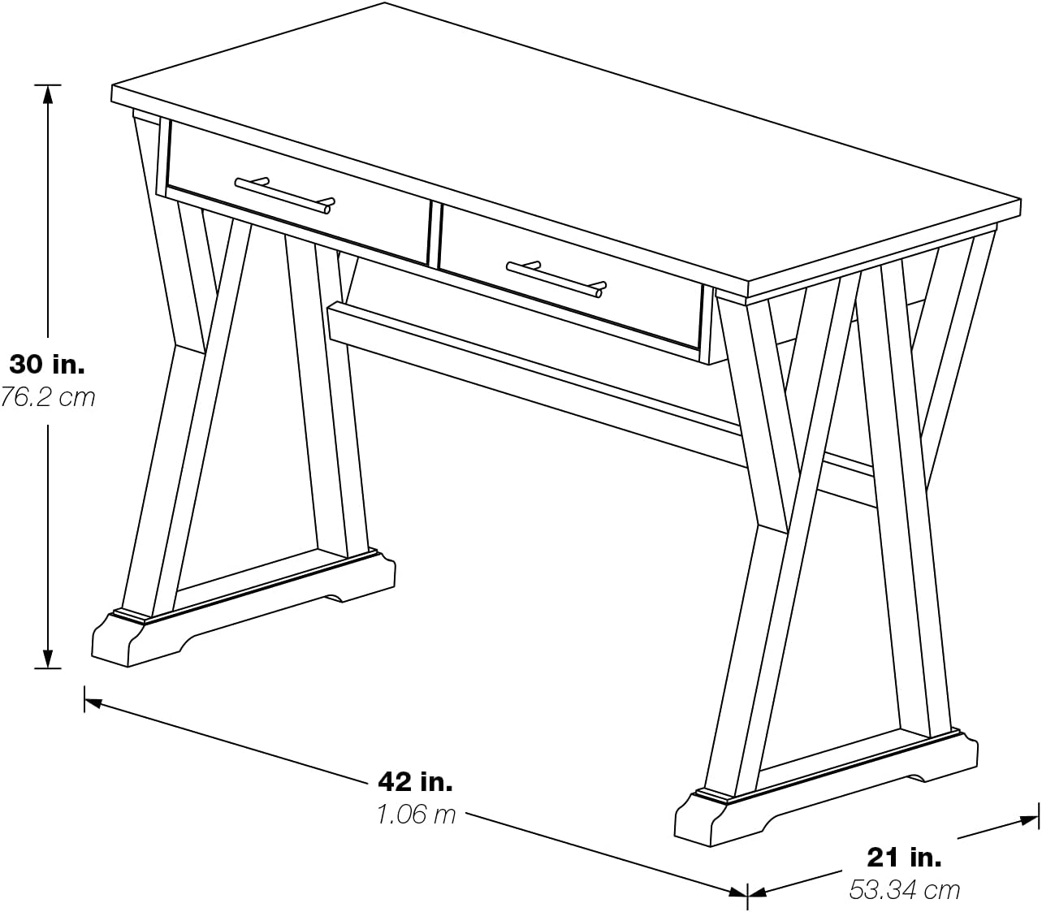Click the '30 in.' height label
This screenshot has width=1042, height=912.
pyautogui.click(x=47, y=364)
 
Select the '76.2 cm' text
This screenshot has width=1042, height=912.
pyautogui.click(x=47, y=397)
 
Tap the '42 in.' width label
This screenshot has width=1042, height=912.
pyautogui.click(x=415, y=781)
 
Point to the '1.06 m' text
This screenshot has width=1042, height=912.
pyautogui.click(x=416, y=814)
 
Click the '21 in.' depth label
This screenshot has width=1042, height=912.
pyautogui.click(x=904, y=856)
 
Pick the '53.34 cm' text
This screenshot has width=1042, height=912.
pyautogui.click(x=904, y=889)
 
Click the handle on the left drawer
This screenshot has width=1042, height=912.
pyautogui.click(x=284, y=194)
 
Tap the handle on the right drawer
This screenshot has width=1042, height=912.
pyautogui.click(x=556, y=278)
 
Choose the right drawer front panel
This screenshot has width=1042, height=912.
pyautogui.click(x=569, y=276)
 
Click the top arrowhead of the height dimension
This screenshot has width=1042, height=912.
pyautogui.click(x=48, y=93)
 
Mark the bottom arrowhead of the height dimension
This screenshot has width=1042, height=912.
pyautogui.click(x=48, y=659)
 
